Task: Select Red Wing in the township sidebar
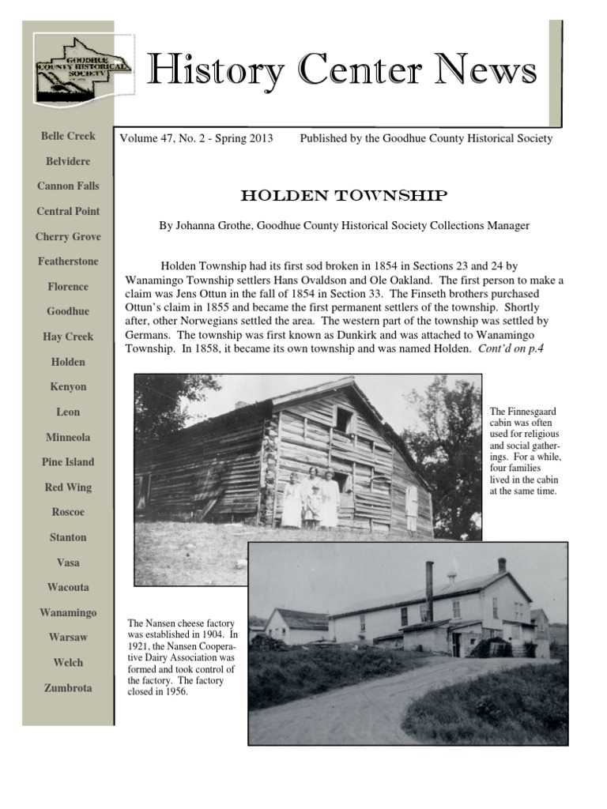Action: pyautogui.click(x=68, y=487)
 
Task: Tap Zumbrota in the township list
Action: pyautogui.click(x=68, y=688)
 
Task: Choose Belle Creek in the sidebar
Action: pyautogui.click(x=68, y=136)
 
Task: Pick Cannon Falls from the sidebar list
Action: pyautogui.click(x=68, y=186)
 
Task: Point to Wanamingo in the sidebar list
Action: pyautogui.click(x=68, y=613)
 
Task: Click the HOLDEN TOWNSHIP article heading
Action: pyautogui.click(x=344, y=195)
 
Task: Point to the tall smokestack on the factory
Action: pyautogui.click(x=429, y=592)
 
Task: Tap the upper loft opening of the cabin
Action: pyautogui.click(x=344, y=420)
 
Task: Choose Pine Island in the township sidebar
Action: pyautogui.click(x=68, y=462)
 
